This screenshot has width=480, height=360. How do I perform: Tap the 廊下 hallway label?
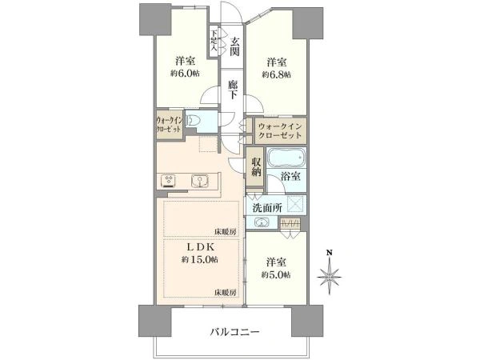pyautogui.click(x=233, y=88)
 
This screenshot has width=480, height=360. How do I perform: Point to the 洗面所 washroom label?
pyautogui.click(x=266, y=207)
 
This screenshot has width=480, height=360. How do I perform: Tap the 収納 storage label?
pyautogui.click(x=255, y=166)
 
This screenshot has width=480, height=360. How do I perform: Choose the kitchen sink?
pyautogui.click(x=200, y=179)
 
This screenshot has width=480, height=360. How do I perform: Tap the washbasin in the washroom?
pyautogui.click(x=262, y=222)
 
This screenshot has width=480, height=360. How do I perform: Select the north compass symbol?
pyautogui.click(x=330, y=277)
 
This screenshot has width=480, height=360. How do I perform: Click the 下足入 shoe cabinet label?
pyautogui.click(x=214, y=40)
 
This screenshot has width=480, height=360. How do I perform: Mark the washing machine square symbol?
pyautogui.click(x=295, y=203)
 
